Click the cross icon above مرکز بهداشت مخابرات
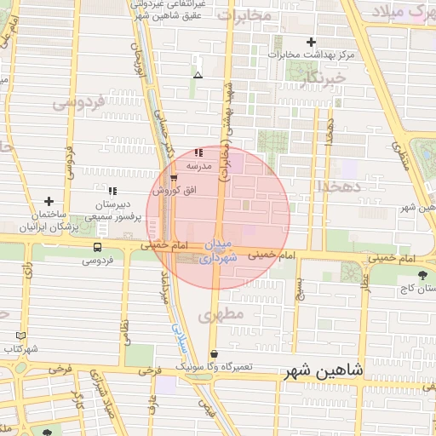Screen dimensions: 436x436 click(x=311, y=42)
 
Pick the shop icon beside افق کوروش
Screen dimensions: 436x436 click(x=174, y=178)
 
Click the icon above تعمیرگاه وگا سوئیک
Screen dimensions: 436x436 click(x=213, y=353)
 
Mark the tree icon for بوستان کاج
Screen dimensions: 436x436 click(x=423, y=274)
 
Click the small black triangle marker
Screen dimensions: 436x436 click(x=198, y=75)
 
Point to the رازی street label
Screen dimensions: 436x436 click(x=27, y=272)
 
